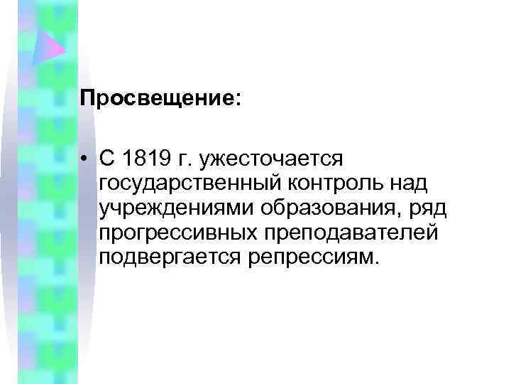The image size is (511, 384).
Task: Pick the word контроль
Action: (332, 183)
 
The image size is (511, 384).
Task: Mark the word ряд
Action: (405, 209)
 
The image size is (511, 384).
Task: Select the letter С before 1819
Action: (107, 158)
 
